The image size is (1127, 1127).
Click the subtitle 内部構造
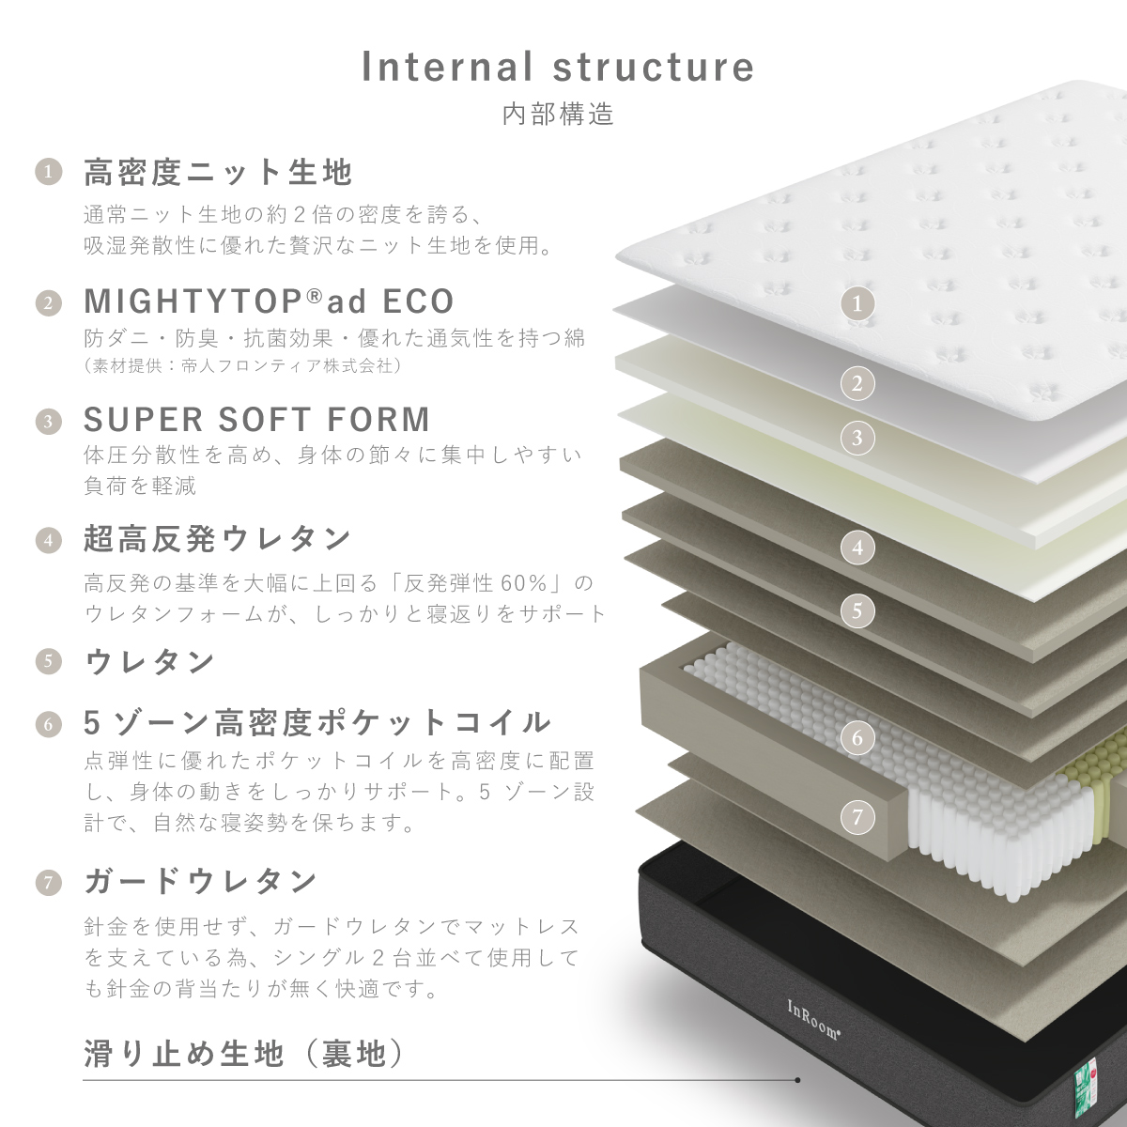click(559, 114)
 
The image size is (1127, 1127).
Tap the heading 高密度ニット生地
click(218, 172)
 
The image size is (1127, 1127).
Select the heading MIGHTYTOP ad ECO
click(269, 301)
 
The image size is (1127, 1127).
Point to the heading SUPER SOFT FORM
click(257, 419)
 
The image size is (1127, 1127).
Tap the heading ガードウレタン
click(201, 881)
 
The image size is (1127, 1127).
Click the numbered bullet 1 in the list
click(49, 172)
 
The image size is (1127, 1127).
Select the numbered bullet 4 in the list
click(49, 540)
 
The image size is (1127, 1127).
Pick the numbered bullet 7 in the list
click(49, 883)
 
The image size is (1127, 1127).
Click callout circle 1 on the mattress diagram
click(857, 303)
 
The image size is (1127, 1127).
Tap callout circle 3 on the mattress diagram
click(857, 438)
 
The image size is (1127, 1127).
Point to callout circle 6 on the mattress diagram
click(857, 737)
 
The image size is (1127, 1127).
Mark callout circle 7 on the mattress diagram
click(857, 817)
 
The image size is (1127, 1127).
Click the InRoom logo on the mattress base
click(813, 1020)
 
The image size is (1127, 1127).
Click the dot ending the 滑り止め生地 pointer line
click(797, 1080)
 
